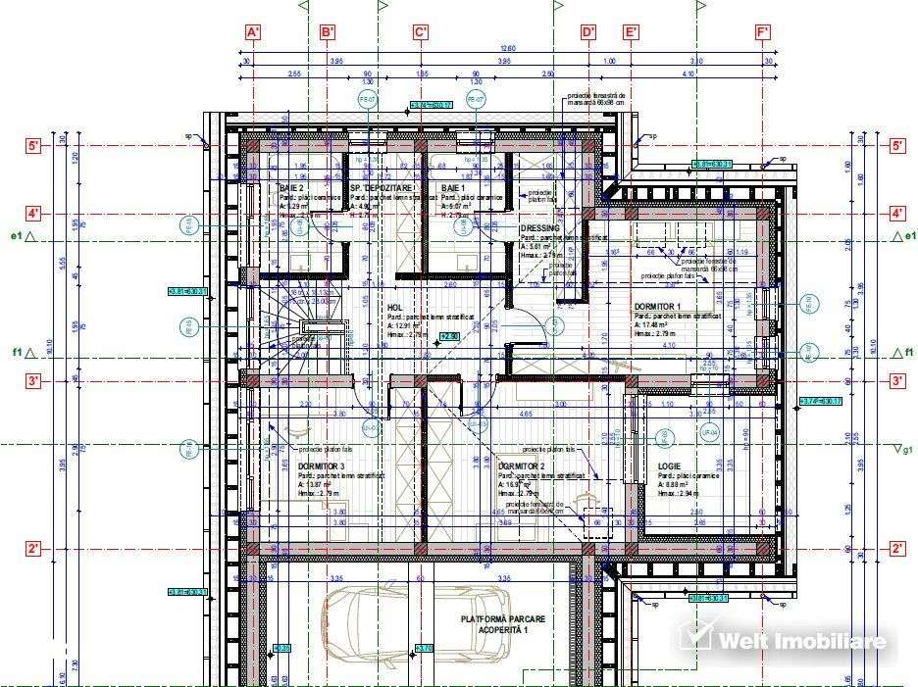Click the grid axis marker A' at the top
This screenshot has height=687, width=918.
tap(253, 32)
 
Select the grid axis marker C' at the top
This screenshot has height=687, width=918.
tap(421, 32)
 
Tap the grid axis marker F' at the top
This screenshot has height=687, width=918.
tap(763, 32)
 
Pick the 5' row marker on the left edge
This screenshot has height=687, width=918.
tap(32, 146)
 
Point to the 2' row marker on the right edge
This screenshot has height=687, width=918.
tap(896, 549)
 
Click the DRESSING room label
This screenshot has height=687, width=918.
tap(539, 228)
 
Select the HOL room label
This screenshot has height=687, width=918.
tap(395, 307)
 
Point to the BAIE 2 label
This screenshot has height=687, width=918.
tap(291, 187)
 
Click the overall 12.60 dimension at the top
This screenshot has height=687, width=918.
tap(507, 48)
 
